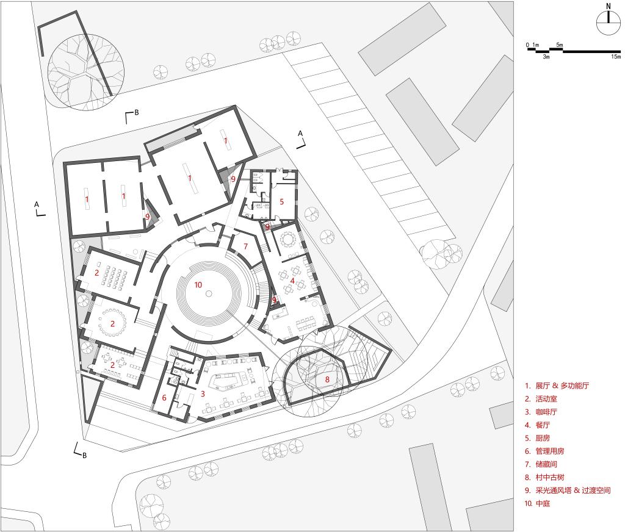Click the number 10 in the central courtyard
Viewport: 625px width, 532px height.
[x=198, y=284]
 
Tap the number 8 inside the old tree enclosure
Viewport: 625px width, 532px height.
[x=327, y=379]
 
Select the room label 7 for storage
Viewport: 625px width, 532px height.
[x=245, y=246]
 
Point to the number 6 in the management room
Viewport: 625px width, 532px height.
[x=164, y=398]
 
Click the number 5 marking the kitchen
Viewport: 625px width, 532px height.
[x=281, y=202]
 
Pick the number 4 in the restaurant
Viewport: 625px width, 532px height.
[x=292, y=281]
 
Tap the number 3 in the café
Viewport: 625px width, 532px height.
[x=203, y=394]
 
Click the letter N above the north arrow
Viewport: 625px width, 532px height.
[x=609, y=6]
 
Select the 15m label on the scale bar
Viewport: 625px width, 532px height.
[x=616, y=57]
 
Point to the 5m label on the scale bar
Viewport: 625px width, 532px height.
[x=560, y=45]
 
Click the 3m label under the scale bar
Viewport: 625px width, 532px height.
[x=546, y=57]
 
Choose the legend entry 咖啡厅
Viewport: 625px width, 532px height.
[x=546, y=412]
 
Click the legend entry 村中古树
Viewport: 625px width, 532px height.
[x=550, y=477]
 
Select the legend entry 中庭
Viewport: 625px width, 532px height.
[x=543, y=503]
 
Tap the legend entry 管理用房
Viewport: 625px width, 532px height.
[x=550, y=451]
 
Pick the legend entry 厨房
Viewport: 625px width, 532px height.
[x=543, y=438]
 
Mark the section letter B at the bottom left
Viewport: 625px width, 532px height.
[x=84, y=455]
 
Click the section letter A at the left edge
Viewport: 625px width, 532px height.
[x=37, y=204]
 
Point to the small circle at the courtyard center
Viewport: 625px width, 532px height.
[x=209, y=293]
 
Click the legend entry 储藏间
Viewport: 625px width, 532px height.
[x=546, y=464]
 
